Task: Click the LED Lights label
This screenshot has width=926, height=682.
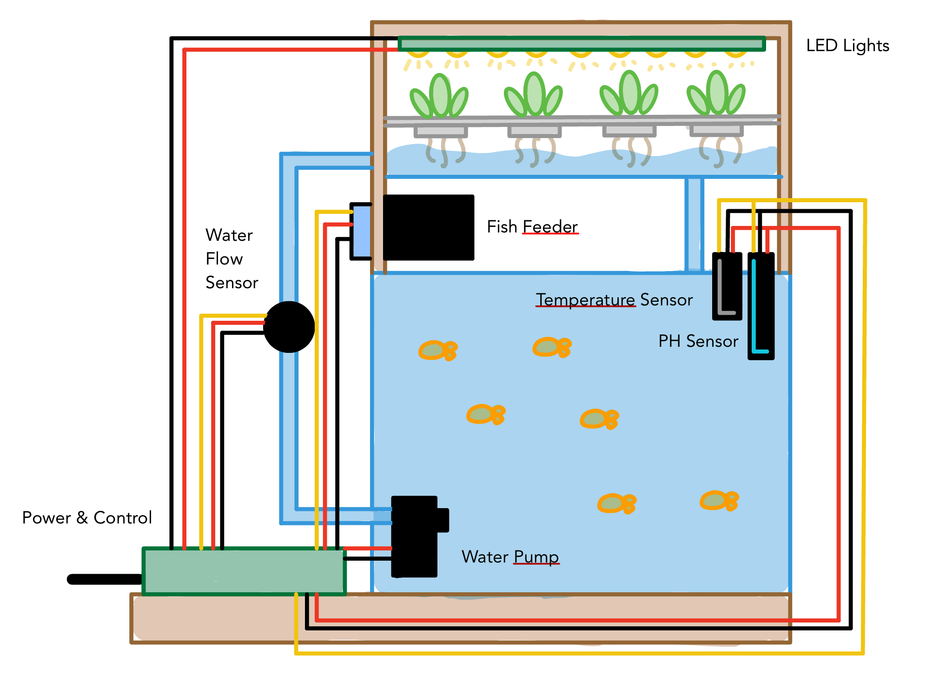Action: point(847,46)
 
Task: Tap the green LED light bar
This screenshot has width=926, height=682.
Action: point(581,44)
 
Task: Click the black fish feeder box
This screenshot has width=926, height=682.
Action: point(428,227)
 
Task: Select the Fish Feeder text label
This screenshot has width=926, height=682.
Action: point(532,227)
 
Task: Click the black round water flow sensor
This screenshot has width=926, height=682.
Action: point(289,327)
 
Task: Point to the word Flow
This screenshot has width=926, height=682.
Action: point(224,258)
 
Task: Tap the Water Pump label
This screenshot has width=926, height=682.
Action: point(510,556)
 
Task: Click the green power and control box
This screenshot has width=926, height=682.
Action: point(244,571)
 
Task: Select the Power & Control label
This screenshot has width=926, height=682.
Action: point(87,517)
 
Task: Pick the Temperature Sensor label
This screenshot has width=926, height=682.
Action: point(614,300)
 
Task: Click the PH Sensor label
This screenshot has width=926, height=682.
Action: point(698,341)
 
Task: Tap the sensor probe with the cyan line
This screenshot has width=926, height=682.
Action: point(761,306)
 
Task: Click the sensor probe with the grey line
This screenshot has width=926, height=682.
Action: point(727,286)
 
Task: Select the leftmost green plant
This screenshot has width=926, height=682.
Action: point(438,97)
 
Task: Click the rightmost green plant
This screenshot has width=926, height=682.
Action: point(716,94)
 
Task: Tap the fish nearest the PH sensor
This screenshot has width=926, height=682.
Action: point(552,347)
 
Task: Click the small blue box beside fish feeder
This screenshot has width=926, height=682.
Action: point(362,232)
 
